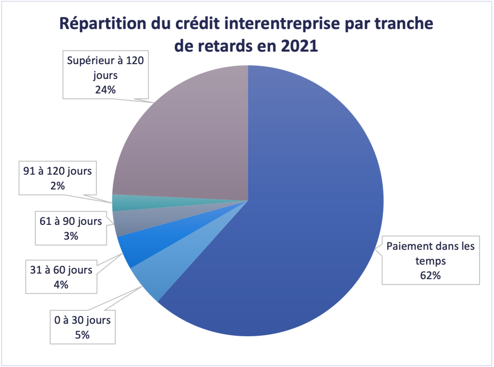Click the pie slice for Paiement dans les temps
pos(299,217)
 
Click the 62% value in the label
pos(430,276)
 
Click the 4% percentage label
pos(61,284)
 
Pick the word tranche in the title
pos(404,23)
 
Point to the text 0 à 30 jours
pos(82,320)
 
